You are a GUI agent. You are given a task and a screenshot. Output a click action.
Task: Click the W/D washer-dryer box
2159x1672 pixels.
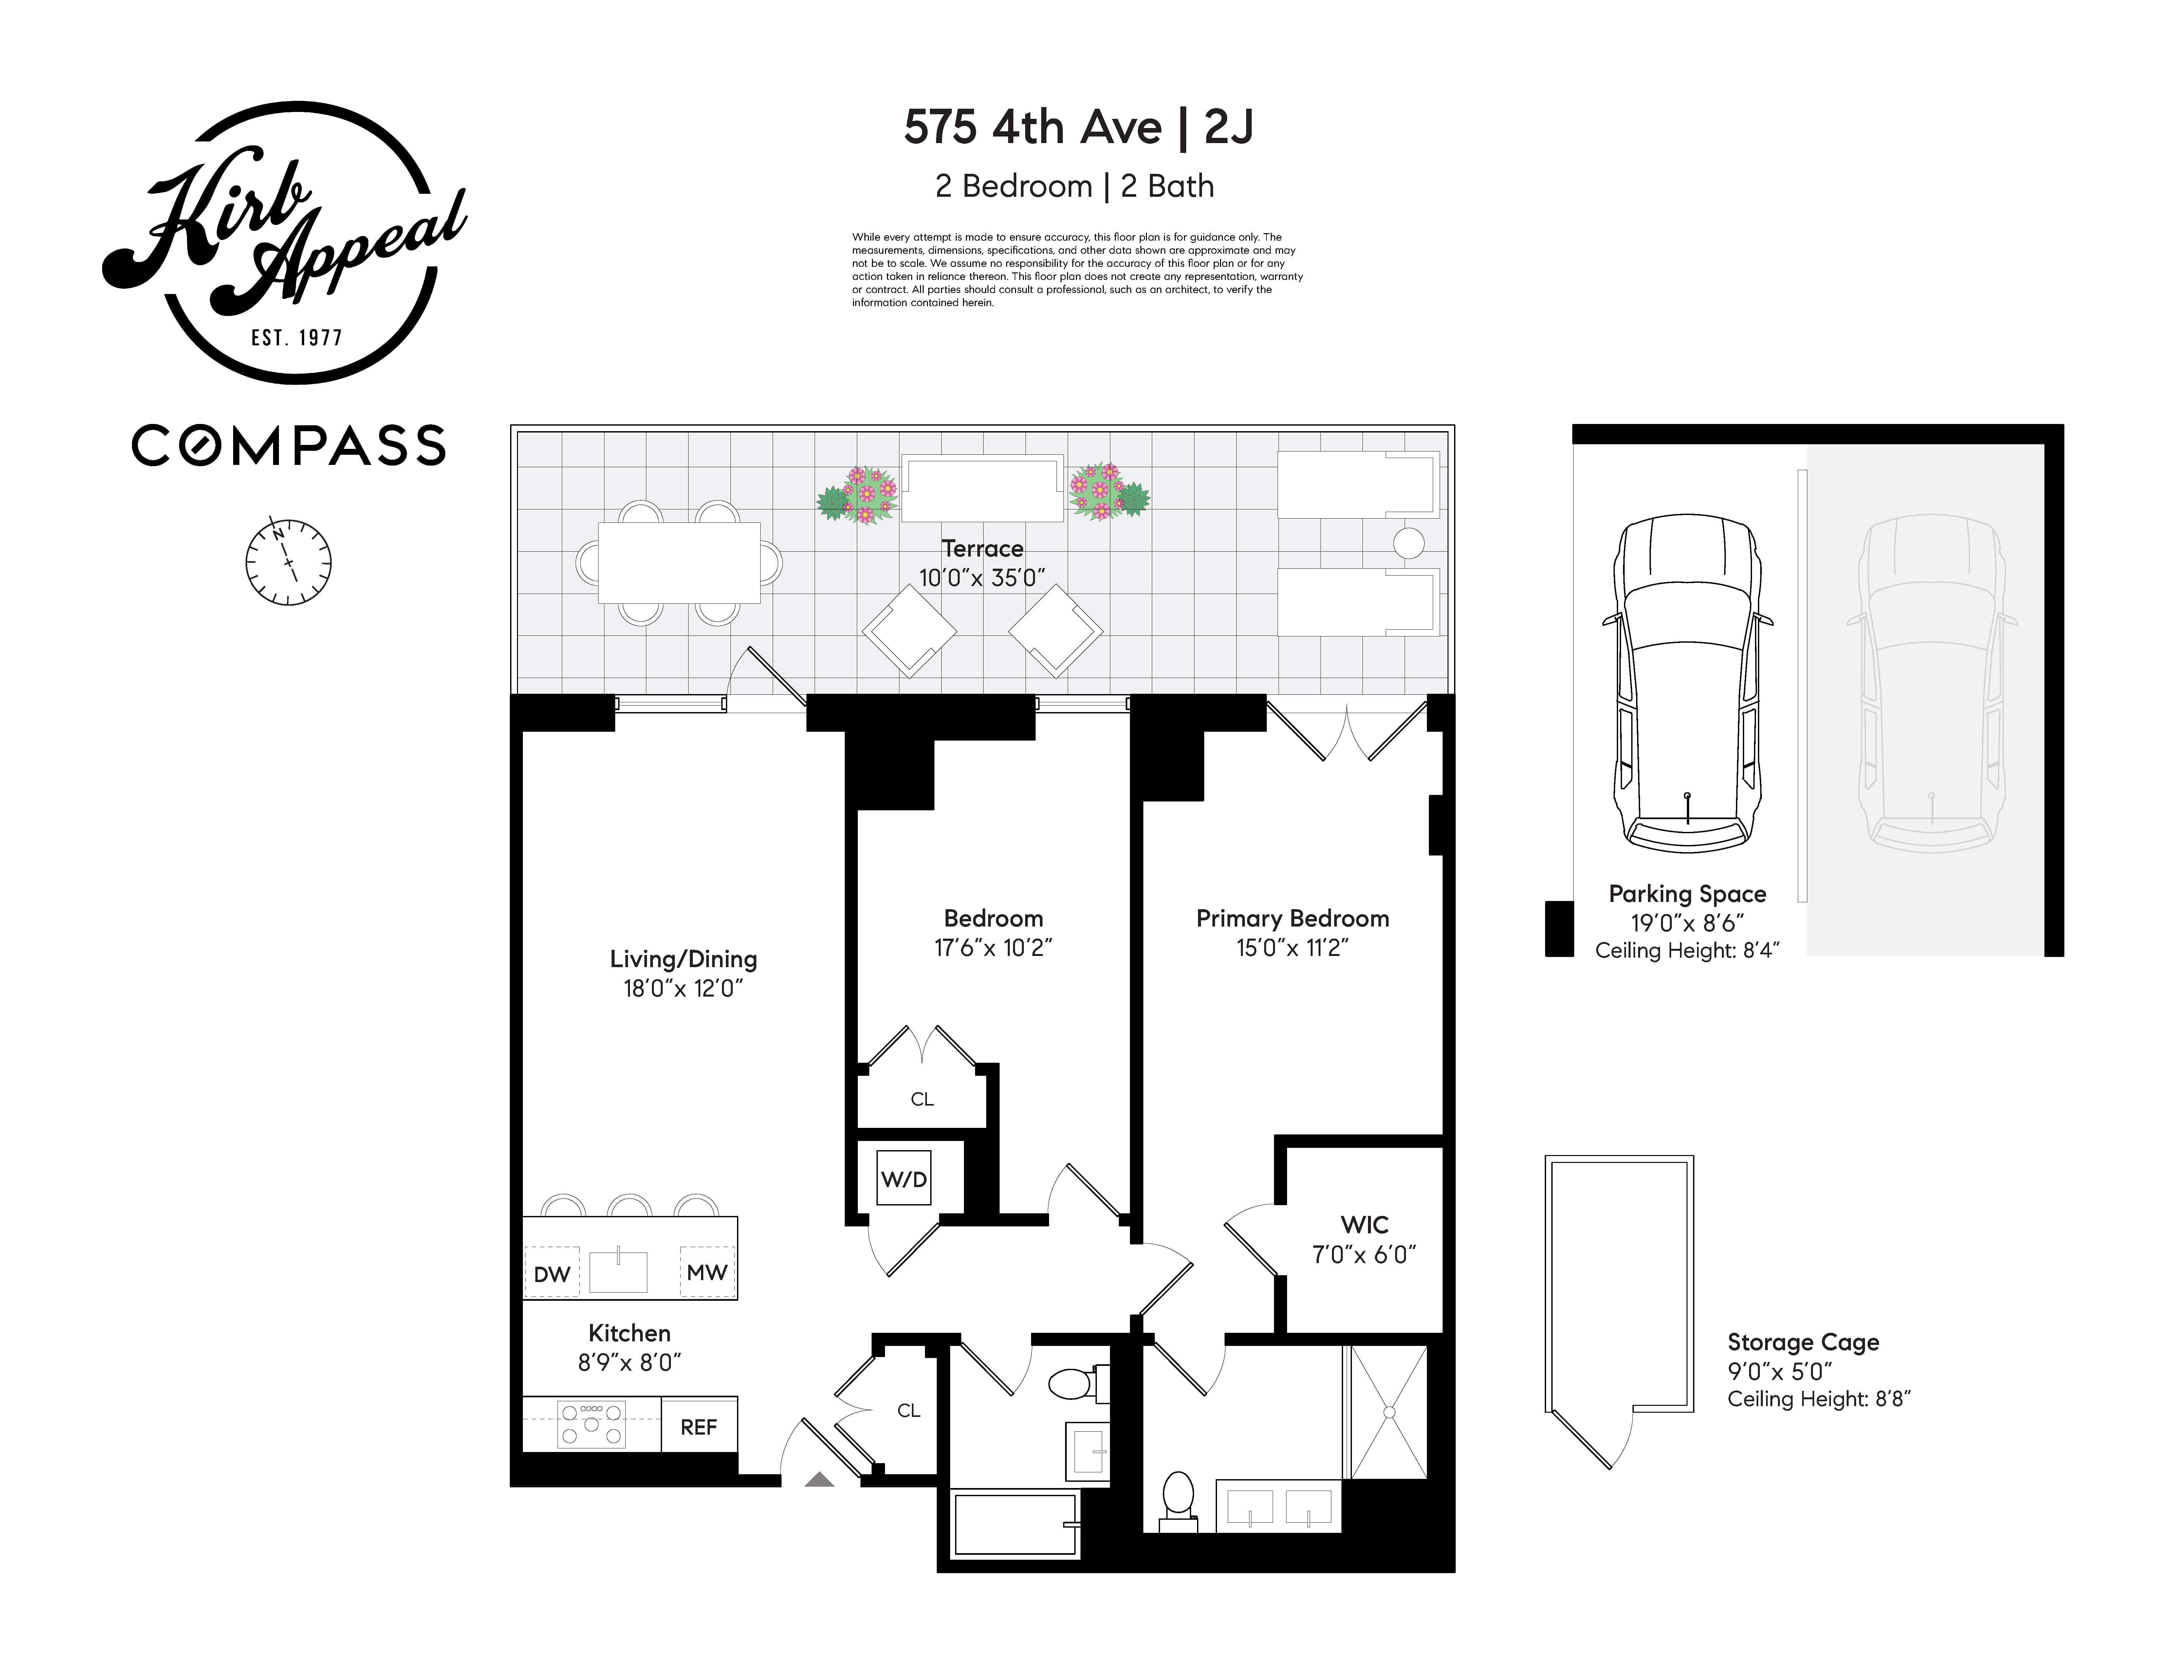[904, 1179]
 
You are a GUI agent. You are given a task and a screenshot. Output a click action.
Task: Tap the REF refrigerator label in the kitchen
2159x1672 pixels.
[698, 1427]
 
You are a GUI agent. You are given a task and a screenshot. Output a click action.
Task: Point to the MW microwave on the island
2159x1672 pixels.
[707, 1273]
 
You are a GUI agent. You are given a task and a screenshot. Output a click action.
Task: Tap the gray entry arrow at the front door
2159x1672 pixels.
[819, 1479]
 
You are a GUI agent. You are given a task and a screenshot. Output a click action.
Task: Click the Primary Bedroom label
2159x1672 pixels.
[1292, 919]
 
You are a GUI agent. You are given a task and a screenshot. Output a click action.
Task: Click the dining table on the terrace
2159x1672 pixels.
[678, 562]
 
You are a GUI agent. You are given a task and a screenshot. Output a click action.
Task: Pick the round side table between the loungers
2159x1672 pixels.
[1408, 543]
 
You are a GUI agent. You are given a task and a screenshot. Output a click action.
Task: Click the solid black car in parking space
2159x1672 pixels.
[1687, 682]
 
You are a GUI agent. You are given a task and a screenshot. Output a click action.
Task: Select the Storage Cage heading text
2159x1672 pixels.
[1802, 1342]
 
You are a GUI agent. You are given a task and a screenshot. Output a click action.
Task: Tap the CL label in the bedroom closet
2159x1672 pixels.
[921, 1098]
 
